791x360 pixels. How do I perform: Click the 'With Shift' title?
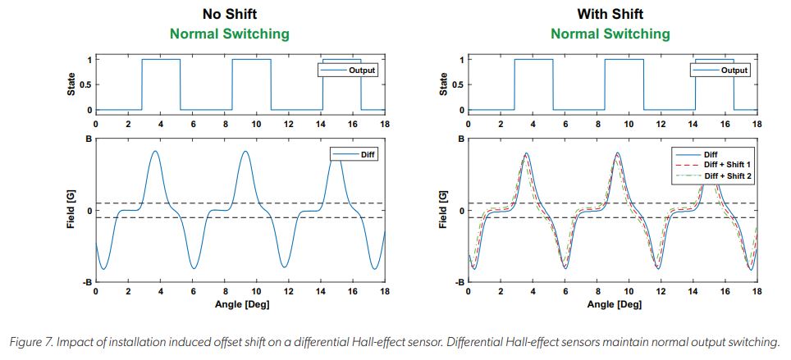pos(610,14)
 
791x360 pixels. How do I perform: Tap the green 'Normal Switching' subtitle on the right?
pos(610,34)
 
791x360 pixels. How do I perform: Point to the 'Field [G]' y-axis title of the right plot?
pos(444,211)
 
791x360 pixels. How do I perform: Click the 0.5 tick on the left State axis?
pos(86,85)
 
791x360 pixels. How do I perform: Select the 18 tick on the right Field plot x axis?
pos(756,292)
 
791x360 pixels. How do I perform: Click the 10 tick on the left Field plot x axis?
pos(256,292)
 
